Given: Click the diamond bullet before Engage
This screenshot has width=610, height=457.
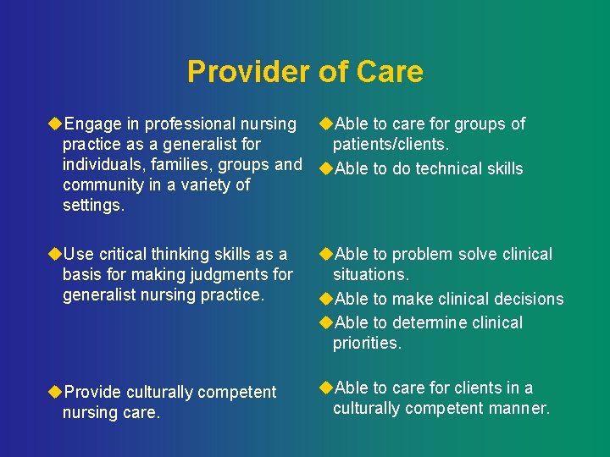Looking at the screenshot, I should (55, 124).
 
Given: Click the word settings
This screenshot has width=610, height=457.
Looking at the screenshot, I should (93, 205).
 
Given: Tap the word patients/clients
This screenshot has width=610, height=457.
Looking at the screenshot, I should (391, 145).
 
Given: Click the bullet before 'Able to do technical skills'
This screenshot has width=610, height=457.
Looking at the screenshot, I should (325, 168).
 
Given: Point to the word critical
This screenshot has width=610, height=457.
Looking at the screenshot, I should (130, 254).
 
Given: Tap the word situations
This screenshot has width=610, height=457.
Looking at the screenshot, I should (370, 275).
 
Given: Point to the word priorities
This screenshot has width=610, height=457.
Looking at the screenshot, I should (367, 343).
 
